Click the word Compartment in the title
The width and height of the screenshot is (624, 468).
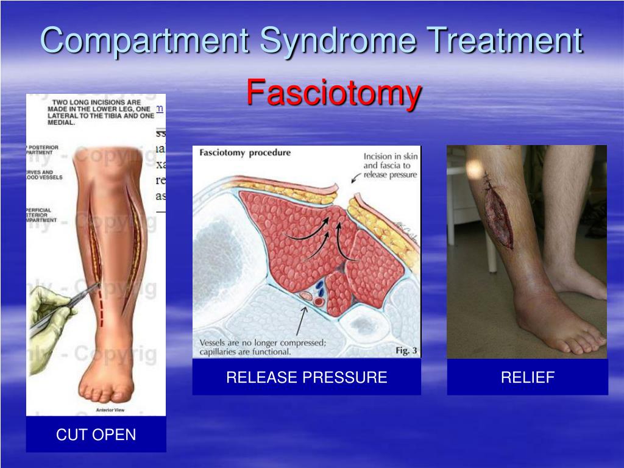[144, 41]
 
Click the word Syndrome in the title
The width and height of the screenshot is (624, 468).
[338, 41]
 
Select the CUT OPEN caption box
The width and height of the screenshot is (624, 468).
[96, 434]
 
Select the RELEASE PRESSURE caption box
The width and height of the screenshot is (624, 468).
[307, 377]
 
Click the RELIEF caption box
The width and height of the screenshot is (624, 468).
[527, 377]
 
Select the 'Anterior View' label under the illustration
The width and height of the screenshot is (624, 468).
[112, 409]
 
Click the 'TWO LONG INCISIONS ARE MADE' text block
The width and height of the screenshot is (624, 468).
[97, 112]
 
